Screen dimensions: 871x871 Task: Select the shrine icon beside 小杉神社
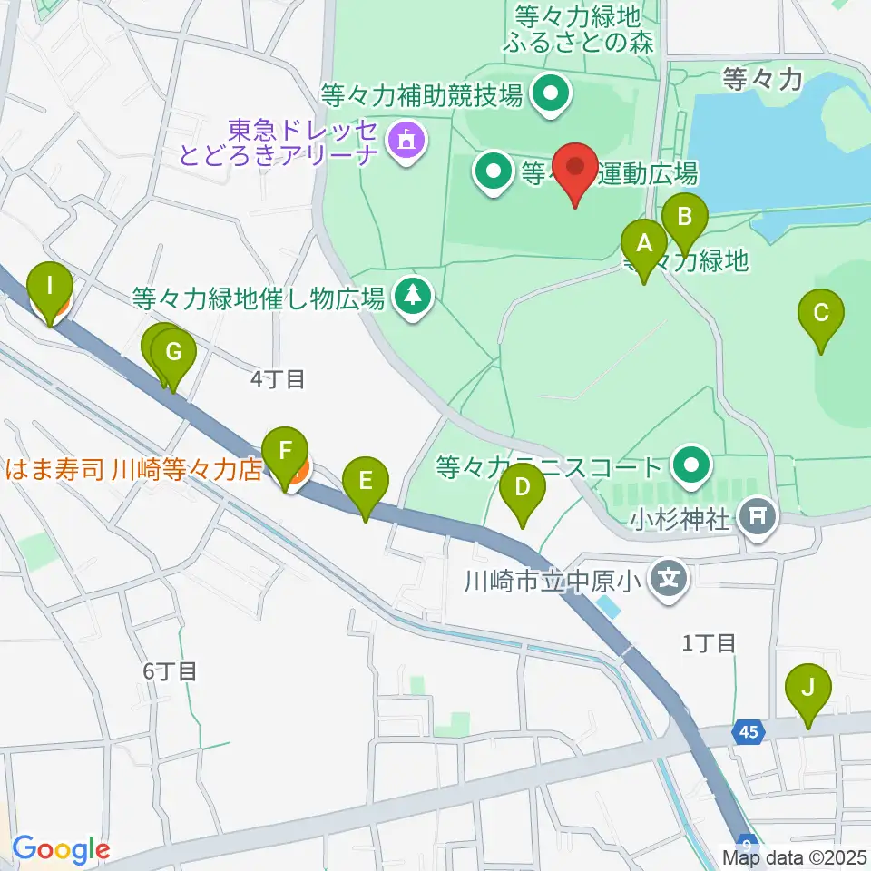[759, 518]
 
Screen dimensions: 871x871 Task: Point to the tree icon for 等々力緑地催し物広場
[414, 295]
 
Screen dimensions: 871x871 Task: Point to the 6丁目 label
[170, 671]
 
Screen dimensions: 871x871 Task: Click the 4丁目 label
[278, 379]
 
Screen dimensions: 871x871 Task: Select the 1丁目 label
[709, 643]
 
